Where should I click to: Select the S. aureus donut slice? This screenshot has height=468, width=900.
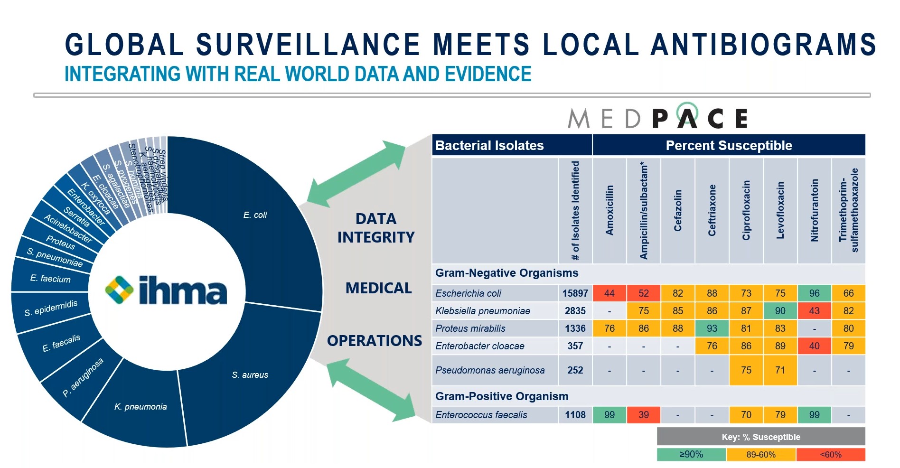(x=250, y=375)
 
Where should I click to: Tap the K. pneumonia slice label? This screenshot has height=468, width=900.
(x=141, y=407)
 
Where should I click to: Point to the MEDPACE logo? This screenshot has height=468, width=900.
(x=657, y=117)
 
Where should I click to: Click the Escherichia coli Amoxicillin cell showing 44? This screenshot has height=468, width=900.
(x=609, y=293)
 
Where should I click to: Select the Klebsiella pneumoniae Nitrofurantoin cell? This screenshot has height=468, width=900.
(x=814, y=311)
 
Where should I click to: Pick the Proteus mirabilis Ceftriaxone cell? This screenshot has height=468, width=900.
(x=712, y=328)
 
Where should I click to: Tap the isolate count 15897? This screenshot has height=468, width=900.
(x=575, y=293)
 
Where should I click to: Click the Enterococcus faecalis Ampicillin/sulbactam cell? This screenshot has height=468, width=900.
(x=643, y=415)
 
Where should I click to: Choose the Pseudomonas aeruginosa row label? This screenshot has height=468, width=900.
(x=490, y=370)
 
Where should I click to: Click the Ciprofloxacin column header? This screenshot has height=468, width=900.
(x=746, y=210)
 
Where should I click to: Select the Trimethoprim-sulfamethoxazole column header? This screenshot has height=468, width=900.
(x=848, y=210)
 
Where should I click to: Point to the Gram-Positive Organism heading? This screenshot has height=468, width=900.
(x=502, y=396)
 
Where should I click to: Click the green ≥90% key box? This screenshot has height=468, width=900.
(x=691, y=454)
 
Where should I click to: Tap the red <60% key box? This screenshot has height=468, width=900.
(x=830, y=454)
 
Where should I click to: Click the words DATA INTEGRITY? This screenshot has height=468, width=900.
(x=376, y=228)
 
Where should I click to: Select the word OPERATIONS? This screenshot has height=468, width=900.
(x=375, y=341)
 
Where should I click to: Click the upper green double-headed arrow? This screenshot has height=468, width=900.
(x=356, y=174)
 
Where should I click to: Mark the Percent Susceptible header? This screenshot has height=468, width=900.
(x=729, y=145)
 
